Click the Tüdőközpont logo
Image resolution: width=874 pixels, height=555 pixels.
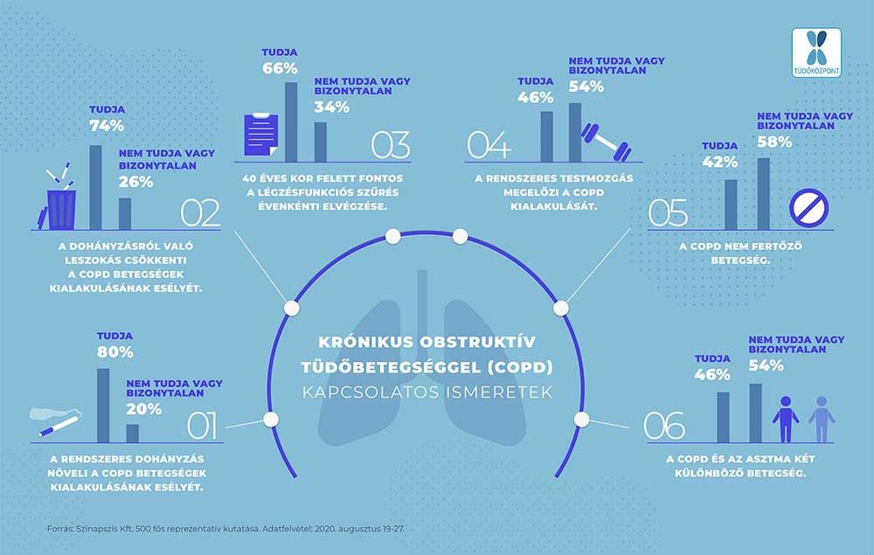point(816,53)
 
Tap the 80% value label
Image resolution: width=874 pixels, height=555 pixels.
point(114,352)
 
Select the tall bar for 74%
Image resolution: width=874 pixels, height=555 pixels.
point(95,187)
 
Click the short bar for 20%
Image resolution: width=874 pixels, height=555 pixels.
point(132,434)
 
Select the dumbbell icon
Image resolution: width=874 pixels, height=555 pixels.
point(606,142)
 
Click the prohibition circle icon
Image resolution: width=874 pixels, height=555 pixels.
point(808,208)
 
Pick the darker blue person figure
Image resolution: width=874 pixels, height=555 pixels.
point(786,419)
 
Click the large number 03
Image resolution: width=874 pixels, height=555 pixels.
point(391,145)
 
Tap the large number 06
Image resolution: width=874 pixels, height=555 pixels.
point(664,427)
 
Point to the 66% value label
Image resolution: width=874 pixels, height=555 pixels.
point(280,68)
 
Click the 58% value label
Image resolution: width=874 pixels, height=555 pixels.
point(774,142)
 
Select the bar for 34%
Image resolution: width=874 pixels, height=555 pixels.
point(320,142)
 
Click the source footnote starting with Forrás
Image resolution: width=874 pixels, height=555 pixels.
point(225,528)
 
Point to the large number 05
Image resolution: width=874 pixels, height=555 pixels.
point(668,213)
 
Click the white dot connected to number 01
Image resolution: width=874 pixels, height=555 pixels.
point(271,419)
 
